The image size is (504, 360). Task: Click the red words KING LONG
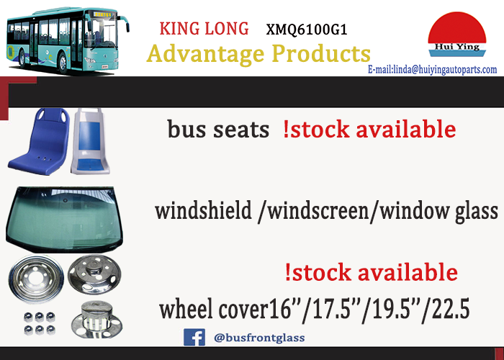coord(204,29)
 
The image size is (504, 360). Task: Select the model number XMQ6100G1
coord(307,30)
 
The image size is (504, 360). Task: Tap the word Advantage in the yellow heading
coord(205,54)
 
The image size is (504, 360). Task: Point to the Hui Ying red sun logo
coord(456,35)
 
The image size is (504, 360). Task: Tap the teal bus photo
coord(68,40)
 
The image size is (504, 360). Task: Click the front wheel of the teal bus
coord(63,63)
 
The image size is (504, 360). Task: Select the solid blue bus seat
coord(40,141)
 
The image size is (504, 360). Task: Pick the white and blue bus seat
coord(90,141)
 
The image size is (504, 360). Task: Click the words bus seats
coord(218,130)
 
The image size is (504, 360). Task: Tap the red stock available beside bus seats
coord(369,129)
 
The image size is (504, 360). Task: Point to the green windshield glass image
coord(64,219)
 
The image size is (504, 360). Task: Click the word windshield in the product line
coord(203,211)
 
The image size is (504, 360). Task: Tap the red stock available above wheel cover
coord(372,272)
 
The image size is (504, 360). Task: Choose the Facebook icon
coord(194,337)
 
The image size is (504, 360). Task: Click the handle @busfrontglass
coord(259,338)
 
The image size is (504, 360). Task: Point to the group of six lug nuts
coord(39,323)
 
